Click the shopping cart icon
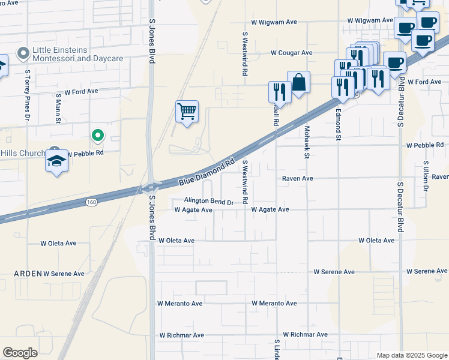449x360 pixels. point(187,112)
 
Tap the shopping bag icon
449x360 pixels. point(298,82)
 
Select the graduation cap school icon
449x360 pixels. point(56,161)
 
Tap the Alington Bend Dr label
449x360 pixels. point(208,202)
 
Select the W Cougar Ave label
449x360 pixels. point(291,53)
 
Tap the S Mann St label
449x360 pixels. point(58,108)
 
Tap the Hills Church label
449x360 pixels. point(23,153)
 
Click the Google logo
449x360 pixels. point(20,352)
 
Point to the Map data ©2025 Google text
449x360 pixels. point(411,355)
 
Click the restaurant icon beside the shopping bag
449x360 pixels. point(280,91)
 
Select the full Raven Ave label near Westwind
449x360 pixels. point(298,178)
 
